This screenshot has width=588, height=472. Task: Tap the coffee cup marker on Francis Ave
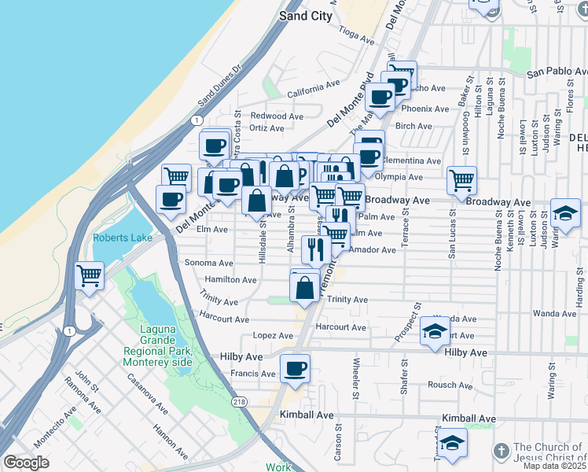click(x=295, y=368)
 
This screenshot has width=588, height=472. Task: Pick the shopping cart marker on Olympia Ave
click(x=462, y=179)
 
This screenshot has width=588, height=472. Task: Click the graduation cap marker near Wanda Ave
click(x=435, y=330)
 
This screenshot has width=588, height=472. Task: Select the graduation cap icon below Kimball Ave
click(x=452, y=443)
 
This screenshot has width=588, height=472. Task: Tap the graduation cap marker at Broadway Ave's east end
click(x=565, y=213)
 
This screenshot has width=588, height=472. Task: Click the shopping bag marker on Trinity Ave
click(x=305, y=287)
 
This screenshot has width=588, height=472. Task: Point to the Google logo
click(x=26, y=463)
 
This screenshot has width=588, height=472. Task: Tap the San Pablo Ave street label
click(x=556, y=72)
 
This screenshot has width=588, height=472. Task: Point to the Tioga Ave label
click(x=357, y=35)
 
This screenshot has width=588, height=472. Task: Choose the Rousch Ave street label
click(x=449, y=385)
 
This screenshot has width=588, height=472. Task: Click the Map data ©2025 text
click(x=553, y=466)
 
